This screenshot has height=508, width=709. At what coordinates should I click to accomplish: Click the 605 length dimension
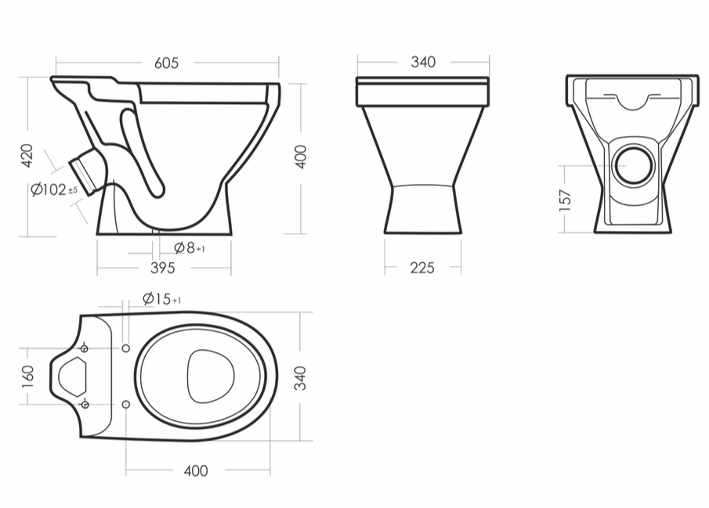[166, 63]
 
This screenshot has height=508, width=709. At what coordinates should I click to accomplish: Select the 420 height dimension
[27, 156]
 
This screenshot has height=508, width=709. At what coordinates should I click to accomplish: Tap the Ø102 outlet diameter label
[54, 189]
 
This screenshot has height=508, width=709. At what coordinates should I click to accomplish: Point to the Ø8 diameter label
[190, 247]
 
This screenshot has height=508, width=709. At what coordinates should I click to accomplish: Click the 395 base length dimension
[163, 268]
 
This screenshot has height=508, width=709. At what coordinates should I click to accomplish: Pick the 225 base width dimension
[422, 268]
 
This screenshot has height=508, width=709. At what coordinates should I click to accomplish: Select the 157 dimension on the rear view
[565, 200]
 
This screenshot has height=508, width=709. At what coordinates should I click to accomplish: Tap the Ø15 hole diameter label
[162, 299]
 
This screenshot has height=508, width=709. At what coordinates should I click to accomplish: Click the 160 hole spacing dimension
[27, 376]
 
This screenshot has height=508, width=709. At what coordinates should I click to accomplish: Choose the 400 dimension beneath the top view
[196, 471]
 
